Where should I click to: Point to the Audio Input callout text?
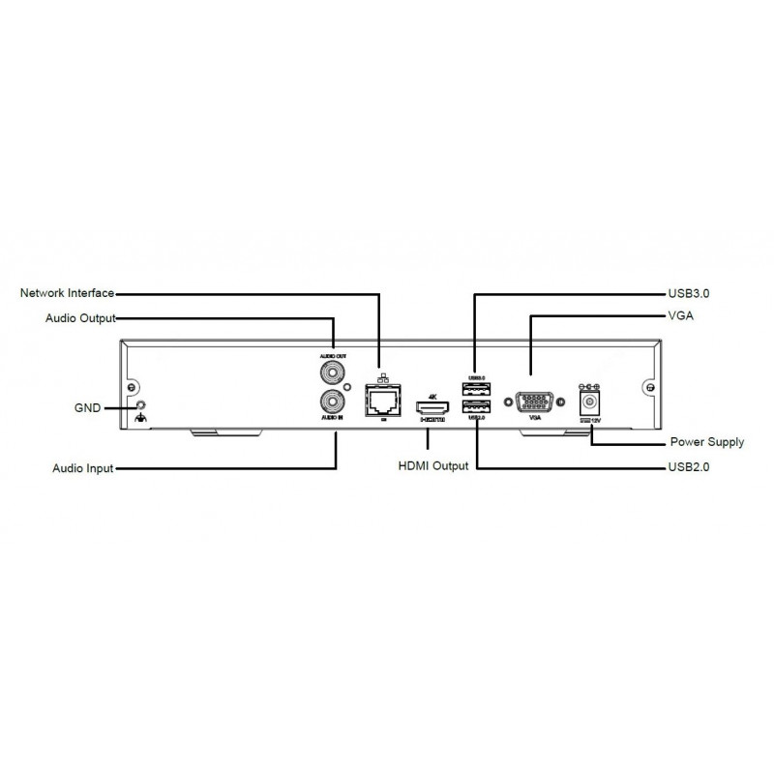pyautogui.click(x=82, y=468)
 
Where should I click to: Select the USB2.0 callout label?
pyautogui.click(x=689, y=468)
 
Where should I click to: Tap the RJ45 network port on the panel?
pyautogui.click(x=379, y=398)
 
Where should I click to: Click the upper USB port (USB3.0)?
pyautogui.click(x=475, y=389)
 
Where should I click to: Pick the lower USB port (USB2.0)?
pyautogui.click(x=475, y=407)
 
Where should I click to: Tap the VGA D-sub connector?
pyautogui.click(x=530, y=400)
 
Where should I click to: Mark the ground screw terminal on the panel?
pyautogui.click(x=141, y=403)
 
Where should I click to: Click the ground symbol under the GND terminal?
pyautogui.click(x=141, y=418)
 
